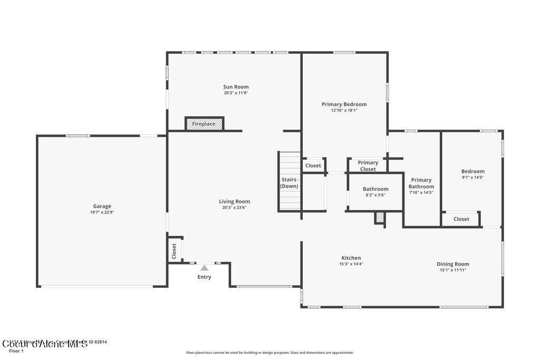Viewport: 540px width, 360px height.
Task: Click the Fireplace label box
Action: coord(204,124)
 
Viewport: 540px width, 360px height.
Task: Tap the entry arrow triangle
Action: coord(204,268)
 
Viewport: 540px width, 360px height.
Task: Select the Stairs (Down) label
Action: coord(289,183)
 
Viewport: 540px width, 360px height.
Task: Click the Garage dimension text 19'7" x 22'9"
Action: coord(102,212)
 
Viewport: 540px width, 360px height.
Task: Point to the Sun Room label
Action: coord(236,87)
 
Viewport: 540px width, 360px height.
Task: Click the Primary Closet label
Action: coord(368,166)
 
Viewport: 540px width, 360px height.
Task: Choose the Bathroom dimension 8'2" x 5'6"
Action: coord(375,195)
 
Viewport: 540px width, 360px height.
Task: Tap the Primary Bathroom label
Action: coord(421,183)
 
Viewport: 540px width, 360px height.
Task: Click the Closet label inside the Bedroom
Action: coord(461,219)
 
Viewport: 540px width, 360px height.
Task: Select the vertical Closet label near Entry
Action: coord(174,250)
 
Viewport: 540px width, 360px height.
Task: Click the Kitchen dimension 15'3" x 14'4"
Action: coord(351,264)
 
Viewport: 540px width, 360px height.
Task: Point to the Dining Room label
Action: coord(452,264)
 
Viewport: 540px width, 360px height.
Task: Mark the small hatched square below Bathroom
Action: coord(379,218)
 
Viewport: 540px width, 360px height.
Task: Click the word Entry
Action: coord(204,277)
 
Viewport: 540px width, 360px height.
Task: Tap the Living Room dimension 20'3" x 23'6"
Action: coord(234,208)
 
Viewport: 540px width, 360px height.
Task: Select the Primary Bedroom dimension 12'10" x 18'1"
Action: coord(344,111)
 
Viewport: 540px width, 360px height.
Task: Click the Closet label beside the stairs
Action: coord(313,166)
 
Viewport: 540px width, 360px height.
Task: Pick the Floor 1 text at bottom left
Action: coord(16,351)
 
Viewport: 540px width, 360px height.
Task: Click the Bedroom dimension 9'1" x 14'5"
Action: coord(472,178)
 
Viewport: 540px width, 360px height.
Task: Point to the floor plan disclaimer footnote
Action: coord(269,353)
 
